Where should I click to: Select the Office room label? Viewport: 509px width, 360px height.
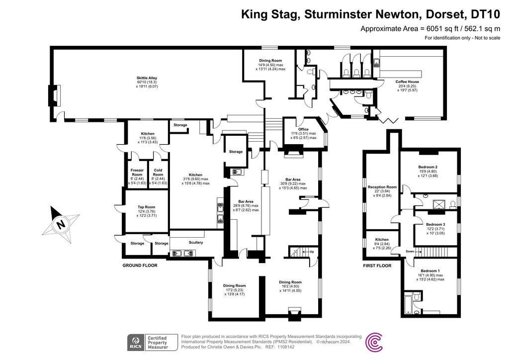click(x=303, y=129)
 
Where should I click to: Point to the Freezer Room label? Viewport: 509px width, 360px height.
click(x=137, y=173)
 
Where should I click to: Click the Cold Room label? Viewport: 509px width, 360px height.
click(x=158, y=173)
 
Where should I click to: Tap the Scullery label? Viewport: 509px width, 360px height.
click(x=196, y=243)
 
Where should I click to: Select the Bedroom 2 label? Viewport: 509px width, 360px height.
click(x=427, y=167)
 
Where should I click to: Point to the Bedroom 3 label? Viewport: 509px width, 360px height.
click(x=435, y=224)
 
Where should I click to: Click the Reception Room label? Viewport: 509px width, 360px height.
click(x=382, y=187)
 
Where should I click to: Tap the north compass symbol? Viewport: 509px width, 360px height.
click(x=61, y=223)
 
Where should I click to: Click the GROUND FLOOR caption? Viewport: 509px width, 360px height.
click(x=140, y=266)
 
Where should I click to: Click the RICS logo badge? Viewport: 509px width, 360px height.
click(x=135, y=342)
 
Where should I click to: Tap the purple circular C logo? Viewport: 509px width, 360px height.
click(x=374, y=342)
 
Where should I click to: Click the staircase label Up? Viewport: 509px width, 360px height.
click(x=312, y=252)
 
